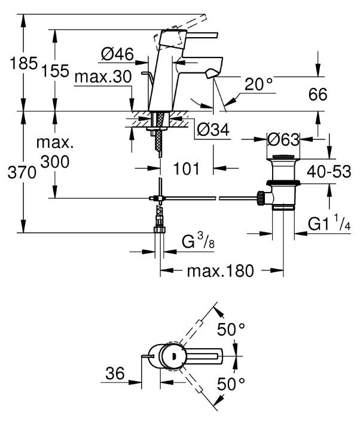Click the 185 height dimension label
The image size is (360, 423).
click(23, 63)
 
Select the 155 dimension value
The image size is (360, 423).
click(55, 71)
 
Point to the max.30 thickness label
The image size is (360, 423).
click(103, 77)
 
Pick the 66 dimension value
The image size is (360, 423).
click(318, 95)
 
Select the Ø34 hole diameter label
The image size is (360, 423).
click(213, 129)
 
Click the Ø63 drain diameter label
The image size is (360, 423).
click(283, 139)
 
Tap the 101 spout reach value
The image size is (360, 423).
click(187, 169)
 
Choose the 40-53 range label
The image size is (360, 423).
click(329, 171)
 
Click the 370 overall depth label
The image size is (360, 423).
click(22, 172)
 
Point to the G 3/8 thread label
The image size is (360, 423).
click(198, 241)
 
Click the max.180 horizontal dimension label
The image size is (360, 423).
click(220, 270)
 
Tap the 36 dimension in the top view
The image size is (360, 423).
click(115, 373)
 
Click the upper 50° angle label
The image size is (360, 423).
click(231, 330)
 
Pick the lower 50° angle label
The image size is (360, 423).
click(231, 384)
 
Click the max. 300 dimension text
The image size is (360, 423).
click(55, 153)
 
